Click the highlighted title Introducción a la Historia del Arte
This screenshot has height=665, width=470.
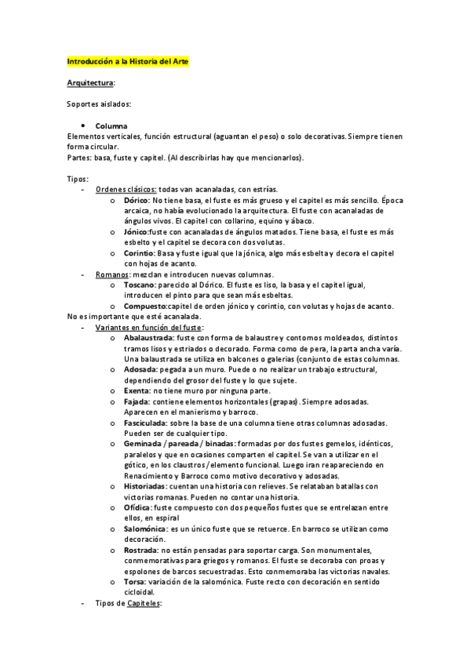click(128, 60)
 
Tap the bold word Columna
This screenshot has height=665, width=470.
click(111, 126)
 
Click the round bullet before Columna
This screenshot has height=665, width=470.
click(83, 126)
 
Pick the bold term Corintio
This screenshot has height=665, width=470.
click(139, 253)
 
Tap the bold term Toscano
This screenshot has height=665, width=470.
click(140, 285)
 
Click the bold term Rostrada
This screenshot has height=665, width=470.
click(140, 551)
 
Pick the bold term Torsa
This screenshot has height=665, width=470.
click(133, 583)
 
